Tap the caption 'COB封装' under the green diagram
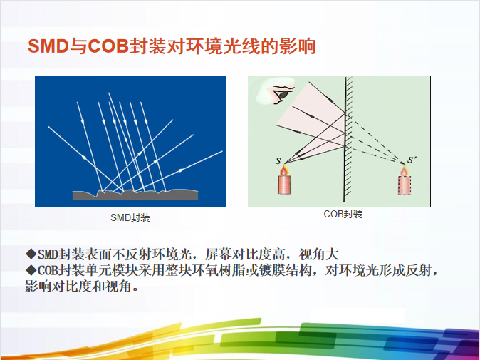click(x=343, y=214)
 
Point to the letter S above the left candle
click(x=278, y=161)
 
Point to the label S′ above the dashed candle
click(x=411, y=159)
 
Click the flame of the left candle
click(x=284, y=170)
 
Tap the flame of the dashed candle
click(x=404, y=171)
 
